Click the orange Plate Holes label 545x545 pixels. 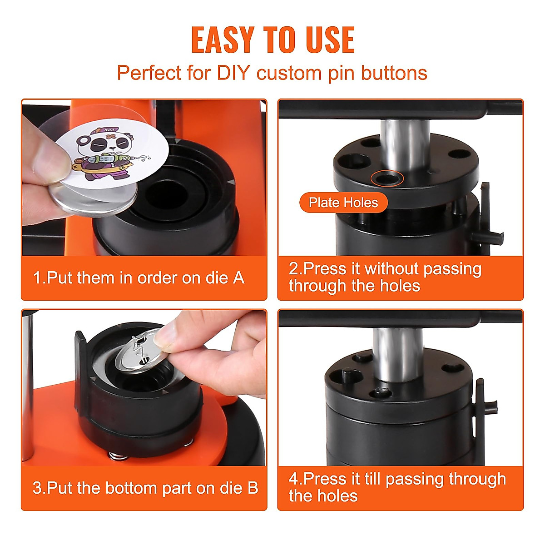point(343,203)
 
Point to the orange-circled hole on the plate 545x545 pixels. point(386,178)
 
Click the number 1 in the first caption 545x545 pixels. point(37,278)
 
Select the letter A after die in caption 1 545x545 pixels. point(239,278)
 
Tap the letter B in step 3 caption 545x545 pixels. point(253,488)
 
